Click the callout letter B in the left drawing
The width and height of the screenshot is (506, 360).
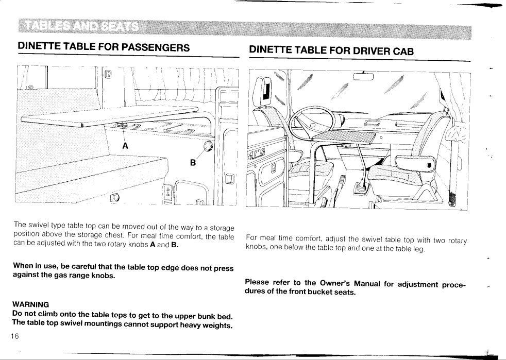click(193, 163)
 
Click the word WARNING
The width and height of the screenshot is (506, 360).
click(30, 304)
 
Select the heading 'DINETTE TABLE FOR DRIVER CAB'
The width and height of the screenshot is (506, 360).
click(331, 50)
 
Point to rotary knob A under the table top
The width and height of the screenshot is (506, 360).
click(123, 125)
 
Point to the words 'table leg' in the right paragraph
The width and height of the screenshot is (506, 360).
click(410, 249)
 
